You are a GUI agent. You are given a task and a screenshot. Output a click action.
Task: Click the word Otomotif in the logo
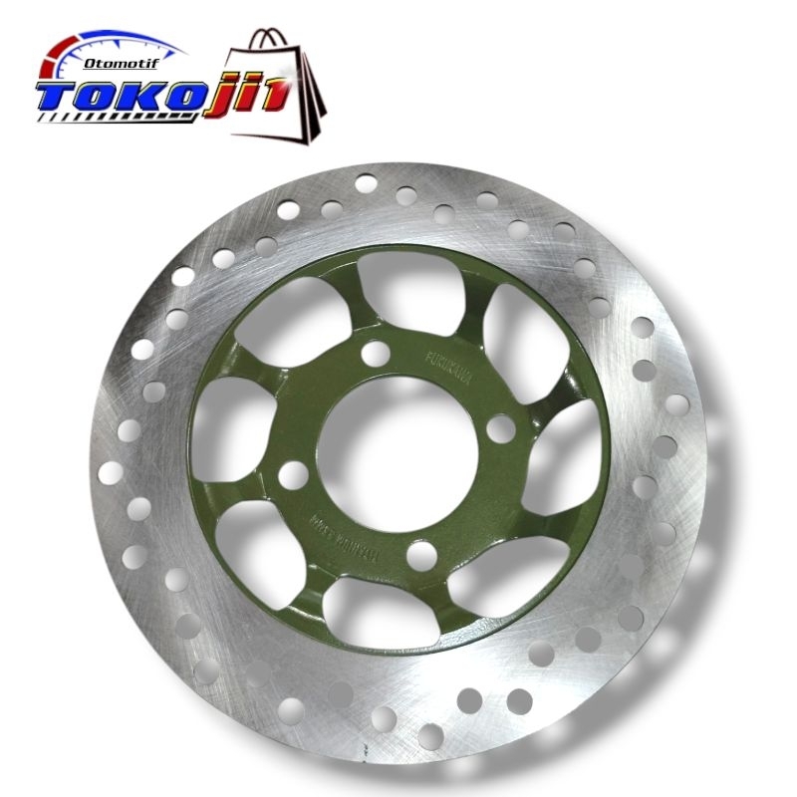click(119, 62)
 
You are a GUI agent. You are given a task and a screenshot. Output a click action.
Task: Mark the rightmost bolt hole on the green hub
click(503, 429)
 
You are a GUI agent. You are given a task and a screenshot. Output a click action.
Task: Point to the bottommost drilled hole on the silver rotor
click(430, 737)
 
